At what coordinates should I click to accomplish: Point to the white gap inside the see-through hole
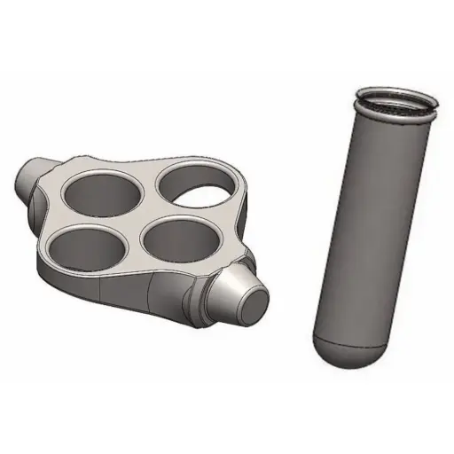[x=207, y=187]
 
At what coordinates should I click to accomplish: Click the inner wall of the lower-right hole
[x=174, y=230]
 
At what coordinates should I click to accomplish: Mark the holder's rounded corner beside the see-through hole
[x=241, y=188]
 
